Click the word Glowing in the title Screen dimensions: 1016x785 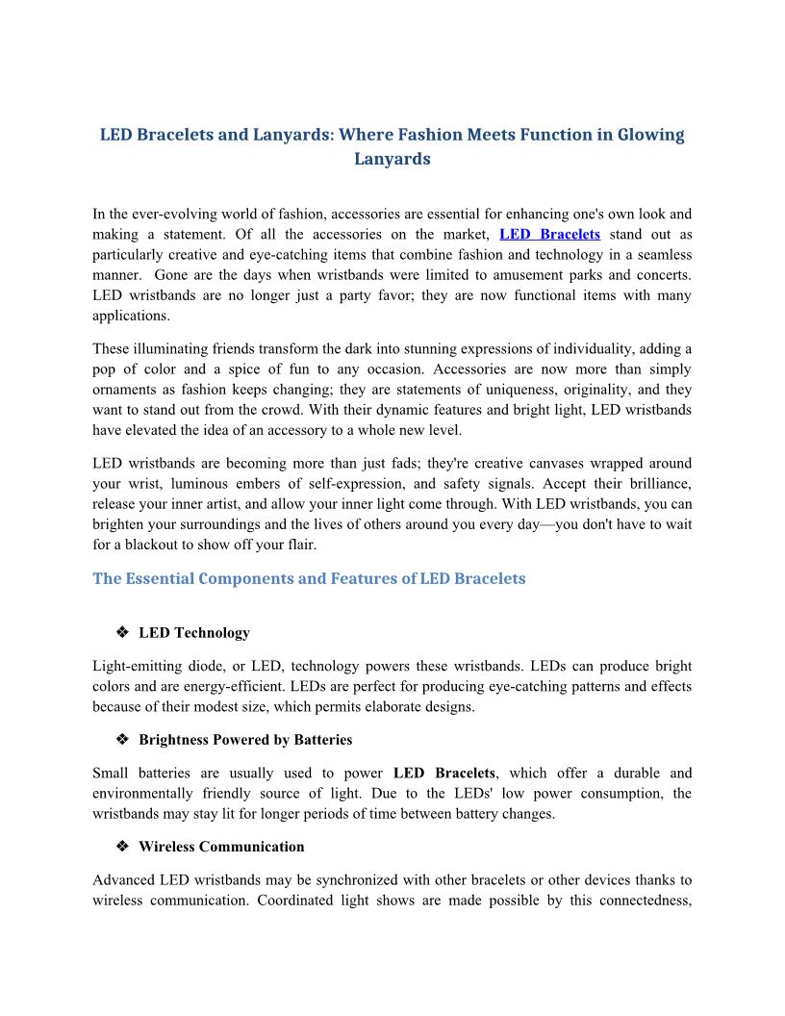(x=648, y=135)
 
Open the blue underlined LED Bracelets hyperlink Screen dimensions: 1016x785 (x=549, y=234)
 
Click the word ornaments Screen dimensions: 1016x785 (x=127, y=390)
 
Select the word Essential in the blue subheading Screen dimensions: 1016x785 (x=165, y=579)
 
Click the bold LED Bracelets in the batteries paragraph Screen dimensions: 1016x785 (x=444, y=773)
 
